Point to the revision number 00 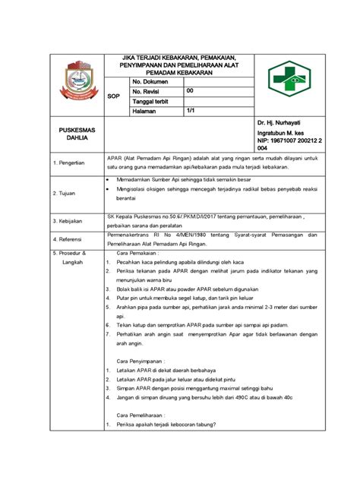coord(190,91)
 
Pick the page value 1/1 coord(191,111)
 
